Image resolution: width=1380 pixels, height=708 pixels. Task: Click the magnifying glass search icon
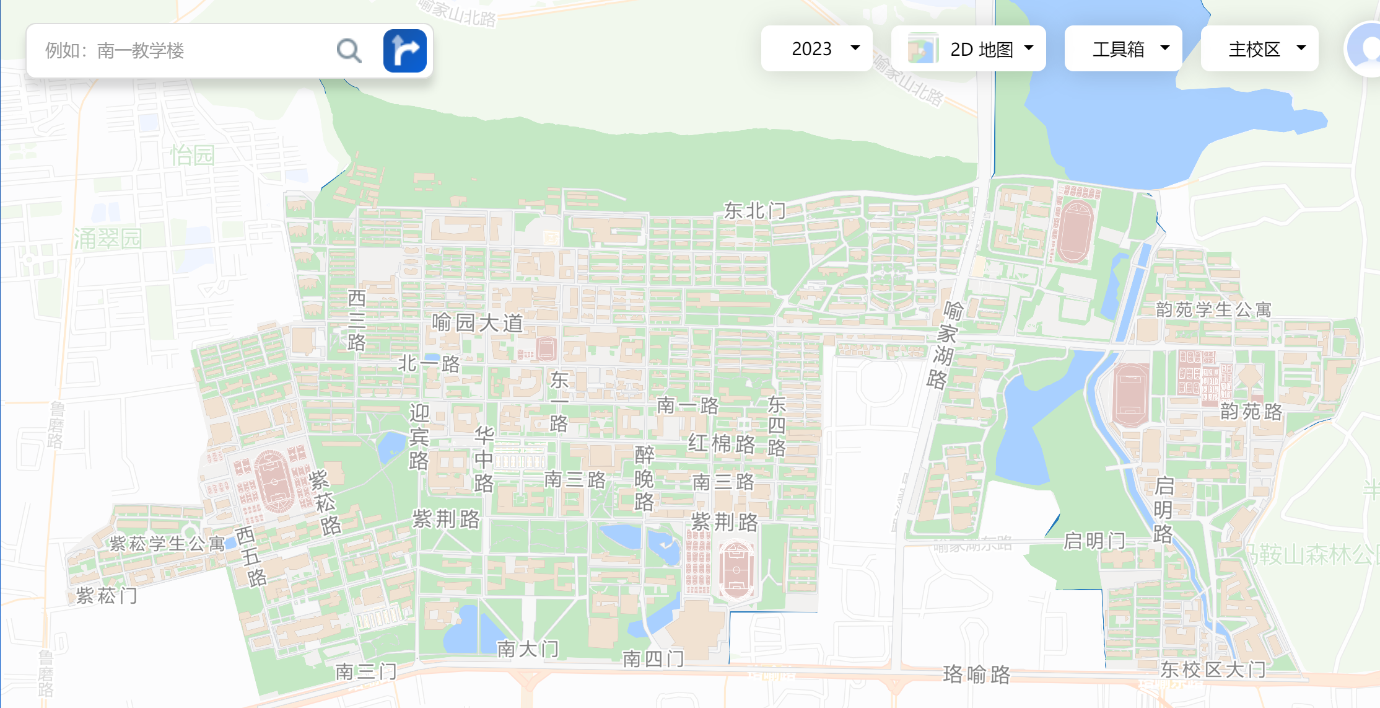click(349, 51)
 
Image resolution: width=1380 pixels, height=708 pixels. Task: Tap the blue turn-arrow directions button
click(404, 51)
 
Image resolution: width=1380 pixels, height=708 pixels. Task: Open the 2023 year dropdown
click(816, 48)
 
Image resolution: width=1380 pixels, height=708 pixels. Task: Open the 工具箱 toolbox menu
click(1123, 48)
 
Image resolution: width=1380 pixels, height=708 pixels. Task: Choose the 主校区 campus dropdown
click(1259, 48)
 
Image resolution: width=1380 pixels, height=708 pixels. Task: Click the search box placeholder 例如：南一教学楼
click(115, 51)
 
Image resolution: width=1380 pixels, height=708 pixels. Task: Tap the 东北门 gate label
click(754, 211)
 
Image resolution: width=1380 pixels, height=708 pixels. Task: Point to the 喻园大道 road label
click(478, 323)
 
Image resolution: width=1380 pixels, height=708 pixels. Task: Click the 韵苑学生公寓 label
click(1213, 309)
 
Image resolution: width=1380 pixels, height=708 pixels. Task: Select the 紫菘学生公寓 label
click(167, 544)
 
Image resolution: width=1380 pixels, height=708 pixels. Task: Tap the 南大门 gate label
click(528, 649)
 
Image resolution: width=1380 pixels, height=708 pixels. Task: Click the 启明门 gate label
click(1094, 541)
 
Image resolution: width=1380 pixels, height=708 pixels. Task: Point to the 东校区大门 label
click(1213, 670)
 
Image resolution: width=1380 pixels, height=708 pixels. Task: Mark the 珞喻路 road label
click(976, 674)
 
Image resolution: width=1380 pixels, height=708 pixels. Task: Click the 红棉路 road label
click(722, 444)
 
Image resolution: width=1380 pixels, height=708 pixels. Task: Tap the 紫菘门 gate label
click(107, 596)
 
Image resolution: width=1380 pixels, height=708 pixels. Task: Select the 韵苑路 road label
click(1251, 411)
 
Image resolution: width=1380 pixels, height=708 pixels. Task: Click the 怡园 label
click(192, 155)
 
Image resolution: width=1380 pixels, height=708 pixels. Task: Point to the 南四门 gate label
click(653, 658)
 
